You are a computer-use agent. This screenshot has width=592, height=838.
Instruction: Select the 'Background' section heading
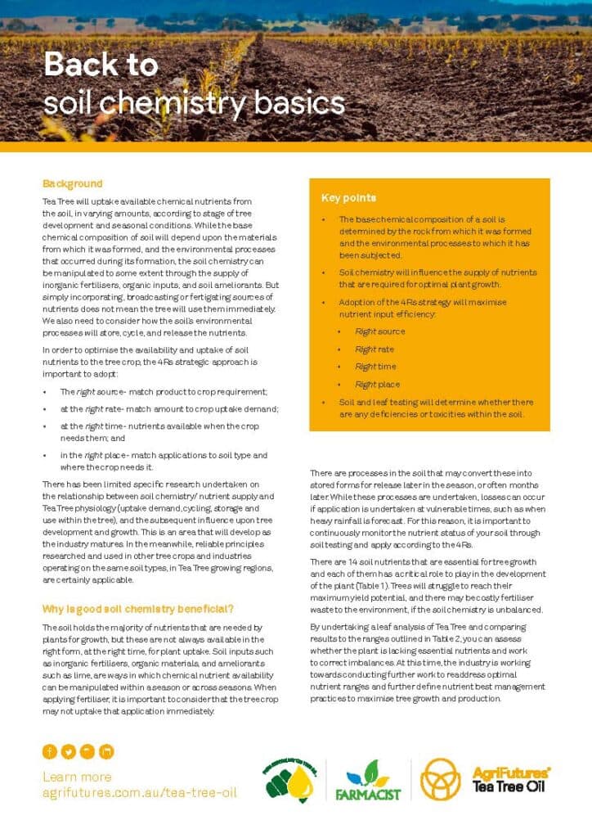pos(73,183)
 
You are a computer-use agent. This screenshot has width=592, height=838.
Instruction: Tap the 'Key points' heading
pos(348,198)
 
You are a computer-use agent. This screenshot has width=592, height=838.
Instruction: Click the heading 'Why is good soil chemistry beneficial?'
pos(138,609)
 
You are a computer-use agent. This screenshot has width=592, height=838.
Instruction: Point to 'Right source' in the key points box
pos(379,331)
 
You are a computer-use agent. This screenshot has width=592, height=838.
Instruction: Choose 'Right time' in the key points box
pos(375,367)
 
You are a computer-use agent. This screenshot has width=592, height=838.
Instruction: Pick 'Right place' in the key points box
pos(377,384)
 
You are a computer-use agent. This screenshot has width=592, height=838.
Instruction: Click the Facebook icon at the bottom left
pos(50,751)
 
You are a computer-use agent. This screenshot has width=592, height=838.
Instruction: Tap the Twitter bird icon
pos(69,751)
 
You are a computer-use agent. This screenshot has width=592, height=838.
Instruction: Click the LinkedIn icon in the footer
pos(106,751)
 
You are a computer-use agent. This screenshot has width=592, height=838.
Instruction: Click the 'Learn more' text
pos(77,777)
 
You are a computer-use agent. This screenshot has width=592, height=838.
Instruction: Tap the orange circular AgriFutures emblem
pos(440,778)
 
